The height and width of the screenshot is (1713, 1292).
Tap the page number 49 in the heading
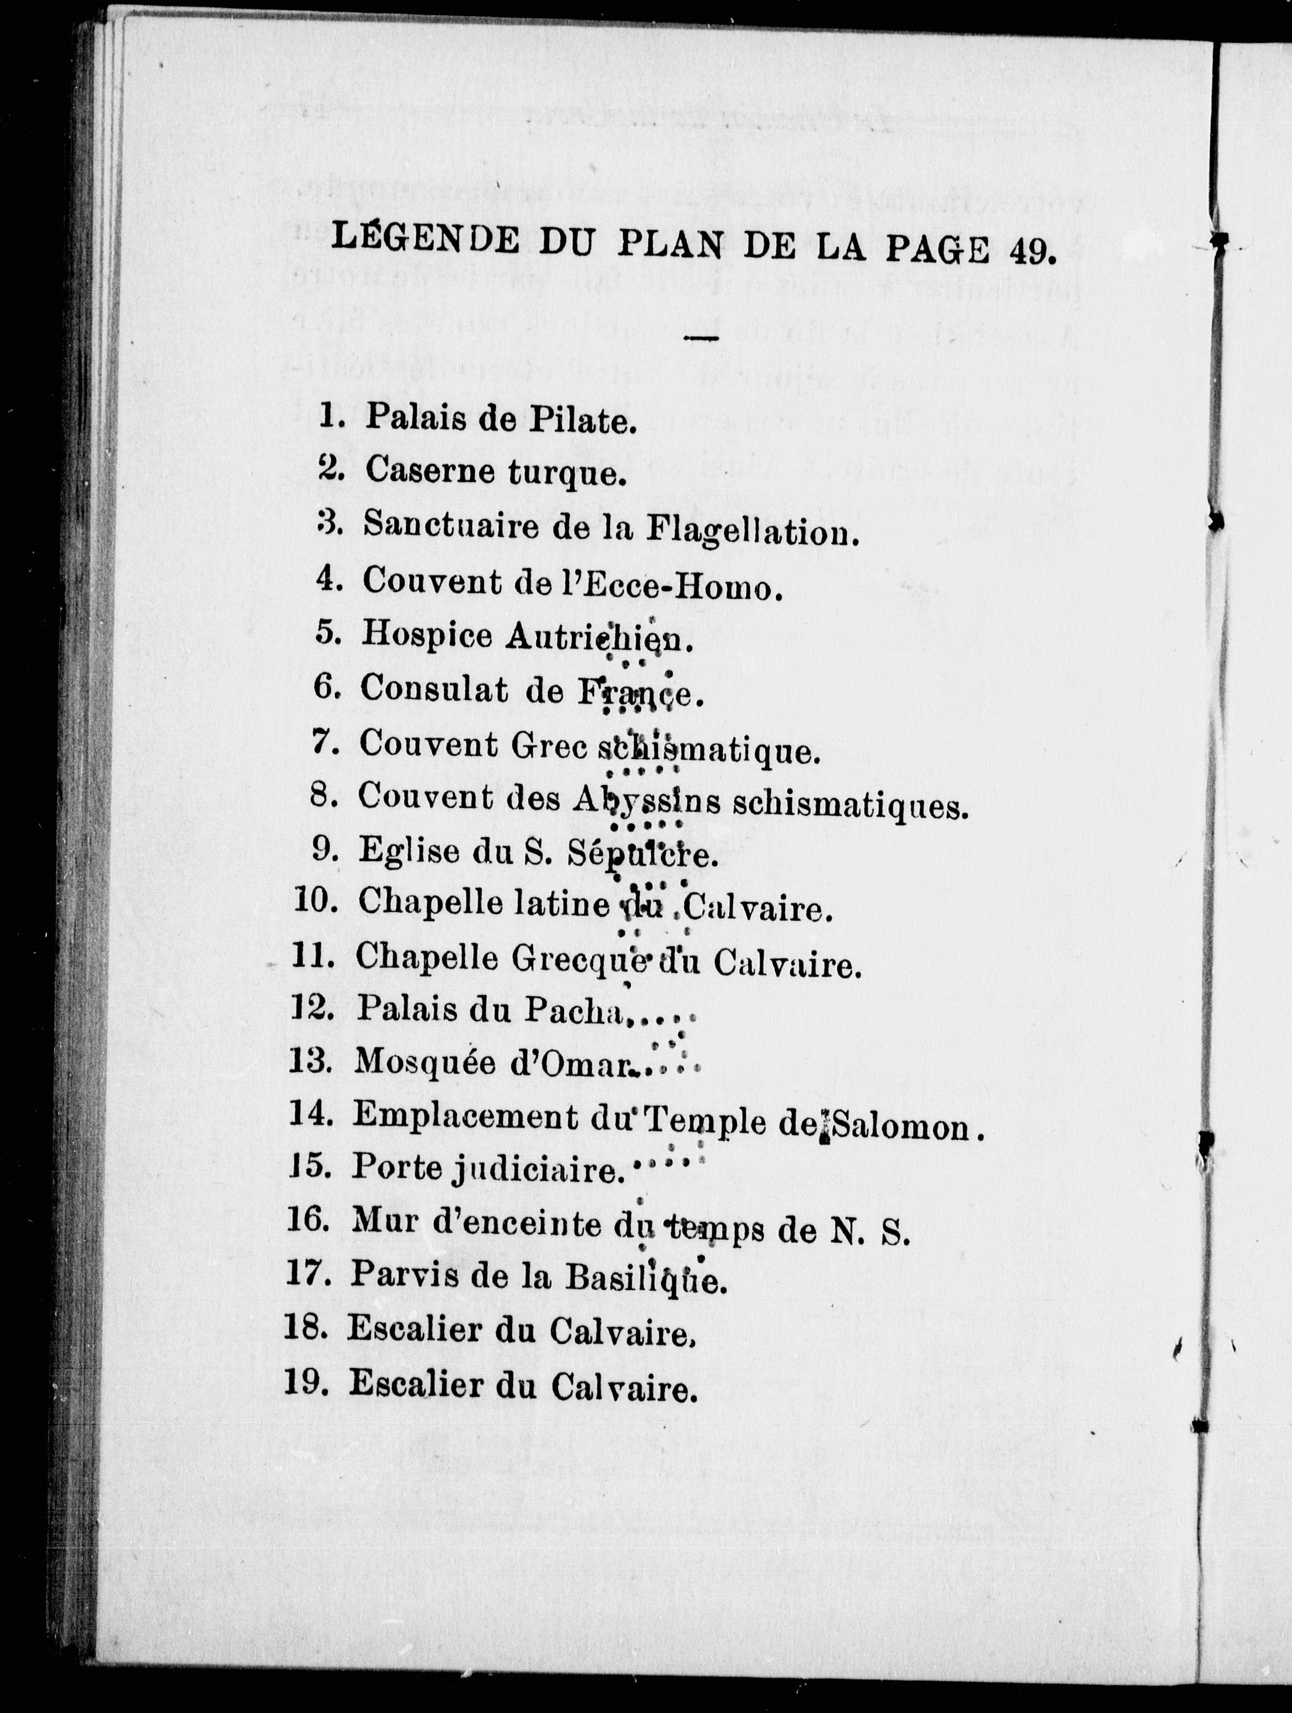(1032, 250)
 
